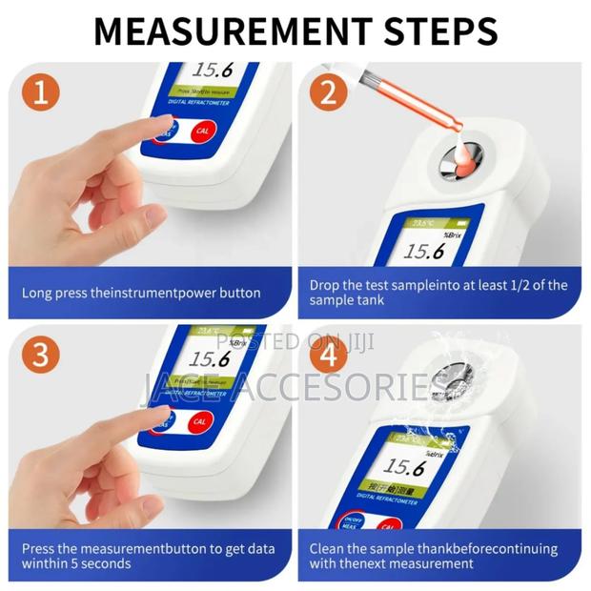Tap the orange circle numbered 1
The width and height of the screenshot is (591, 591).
click(x=40, y=92)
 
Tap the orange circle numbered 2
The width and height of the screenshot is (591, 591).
click(x=328, y=92)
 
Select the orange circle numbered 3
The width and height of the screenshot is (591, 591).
click(x=40, y=355)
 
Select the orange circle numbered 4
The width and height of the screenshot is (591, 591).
click(x=328, y=355)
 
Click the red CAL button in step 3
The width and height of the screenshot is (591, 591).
click(x=200, y=424)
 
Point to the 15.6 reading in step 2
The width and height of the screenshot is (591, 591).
click(x=425, y=251)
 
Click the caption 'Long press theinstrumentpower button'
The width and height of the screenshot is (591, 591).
click(x=141, y=293)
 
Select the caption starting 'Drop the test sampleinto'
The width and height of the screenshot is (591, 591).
click(x=438, y=292)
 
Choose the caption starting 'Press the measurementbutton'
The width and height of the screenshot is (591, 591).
click(x=148, y=556)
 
